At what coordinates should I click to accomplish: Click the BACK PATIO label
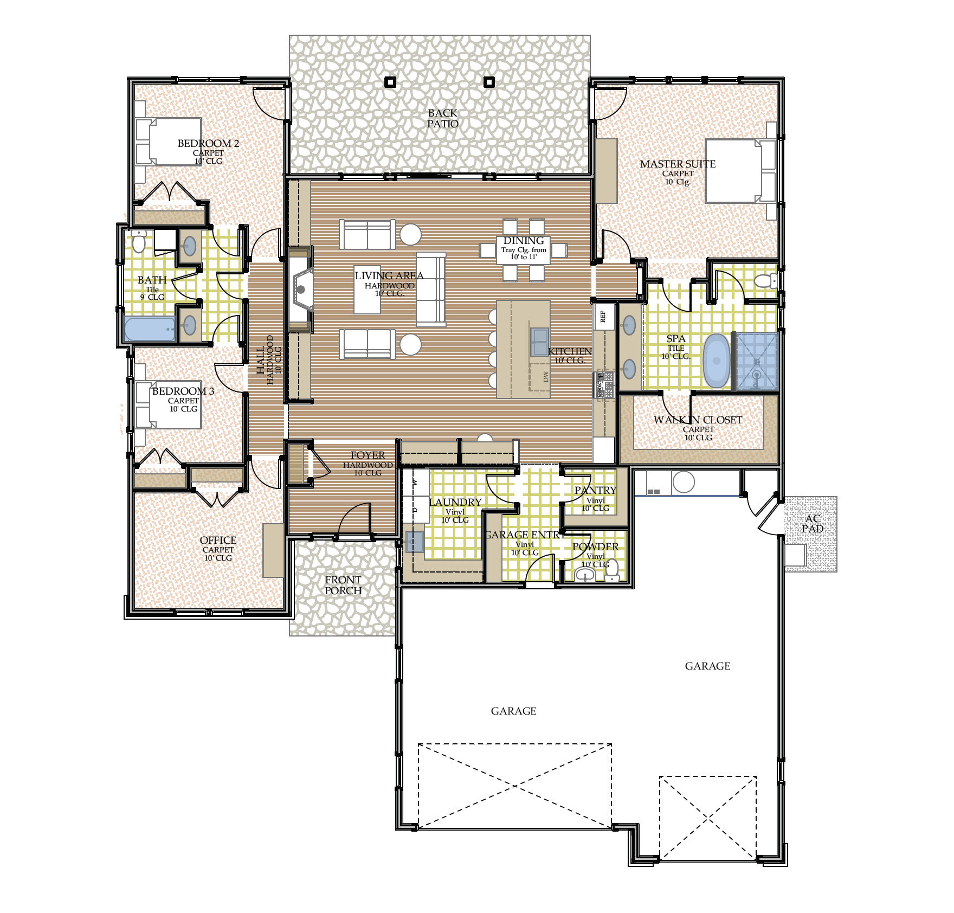442,118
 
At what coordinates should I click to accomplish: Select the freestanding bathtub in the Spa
717,361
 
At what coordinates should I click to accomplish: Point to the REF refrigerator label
603,317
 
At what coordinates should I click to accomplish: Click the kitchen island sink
539,342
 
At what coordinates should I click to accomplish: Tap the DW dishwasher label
546,376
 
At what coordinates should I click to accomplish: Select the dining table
523,250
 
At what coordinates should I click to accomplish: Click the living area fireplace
301,289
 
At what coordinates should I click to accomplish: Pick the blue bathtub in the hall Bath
150,329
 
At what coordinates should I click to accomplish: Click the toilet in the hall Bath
139,241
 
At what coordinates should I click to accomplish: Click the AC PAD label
812,524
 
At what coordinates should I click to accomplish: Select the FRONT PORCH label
343,585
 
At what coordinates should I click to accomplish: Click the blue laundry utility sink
415,541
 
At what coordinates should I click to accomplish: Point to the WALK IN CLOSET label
697,420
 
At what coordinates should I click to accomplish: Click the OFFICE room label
218,541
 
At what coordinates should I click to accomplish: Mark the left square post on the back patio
390,82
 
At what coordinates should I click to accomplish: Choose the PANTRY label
595,490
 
